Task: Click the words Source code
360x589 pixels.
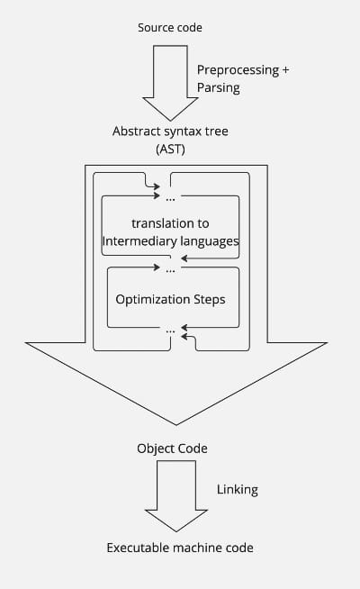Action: pos(170,27)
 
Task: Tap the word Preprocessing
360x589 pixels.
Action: pos(238,70)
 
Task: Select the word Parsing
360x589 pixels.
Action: pos(219,88)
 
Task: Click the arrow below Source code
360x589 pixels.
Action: pos(170,83)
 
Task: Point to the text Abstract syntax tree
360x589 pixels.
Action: pos(170,131)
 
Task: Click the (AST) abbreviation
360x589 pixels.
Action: pos(170,150)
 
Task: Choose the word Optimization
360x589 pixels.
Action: pos(153,299)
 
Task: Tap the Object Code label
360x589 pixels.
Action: pos(172,449)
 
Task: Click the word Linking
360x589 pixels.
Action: pos(238,489)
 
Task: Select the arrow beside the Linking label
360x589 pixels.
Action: pos(176,496)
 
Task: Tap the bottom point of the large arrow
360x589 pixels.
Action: pos(176,425)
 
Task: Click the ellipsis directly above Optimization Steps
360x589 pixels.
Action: pos(170,270)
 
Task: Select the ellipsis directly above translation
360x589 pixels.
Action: pos(170,199)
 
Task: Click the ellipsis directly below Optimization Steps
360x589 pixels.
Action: pos(170,331)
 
